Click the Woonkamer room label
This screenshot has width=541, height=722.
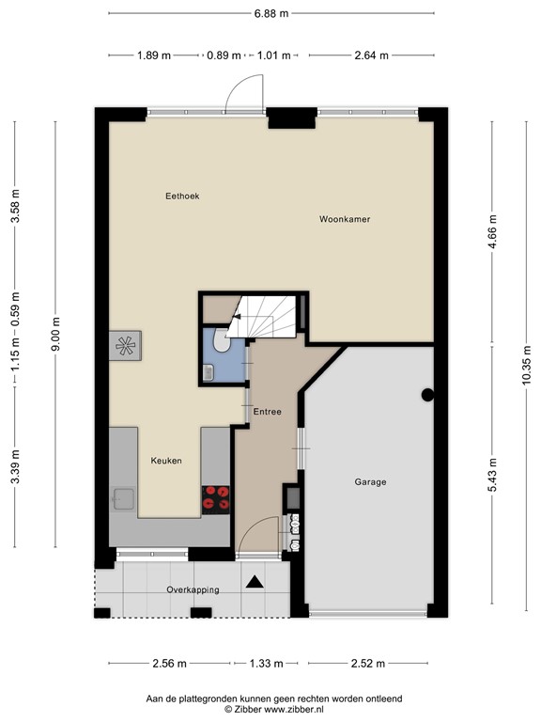click(345, 219)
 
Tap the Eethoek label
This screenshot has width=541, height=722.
click(182, 196)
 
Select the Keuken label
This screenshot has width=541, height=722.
click(166, 461)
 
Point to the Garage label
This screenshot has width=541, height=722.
click(370, 482)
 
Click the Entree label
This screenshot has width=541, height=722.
click(268, 412)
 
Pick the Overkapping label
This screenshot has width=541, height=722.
click(193, 589)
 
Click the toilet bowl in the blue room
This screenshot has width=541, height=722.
click(223, 340)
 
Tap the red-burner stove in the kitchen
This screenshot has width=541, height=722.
click(216, 499)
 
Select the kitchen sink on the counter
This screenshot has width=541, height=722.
click(123, 499)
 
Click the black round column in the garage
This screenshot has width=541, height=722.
click(428, 395)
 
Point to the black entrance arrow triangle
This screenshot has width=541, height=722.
click(255, 582)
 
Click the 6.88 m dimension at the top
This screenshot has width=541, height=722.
click(271, 13)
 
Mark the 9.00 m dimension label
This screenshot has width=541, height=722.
click(55, 335)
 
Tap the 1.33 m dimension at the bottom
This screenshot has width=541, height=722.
click(266, 664)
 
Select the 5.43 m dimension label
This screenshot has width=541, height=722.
click(492, 475)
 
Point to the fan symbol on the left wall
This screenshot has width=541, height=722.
click(125, 346)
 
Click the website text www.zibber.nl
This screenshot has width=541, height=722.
click(288, 709)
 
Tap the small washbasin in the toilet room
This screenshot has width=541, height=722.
click(209, 372)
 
